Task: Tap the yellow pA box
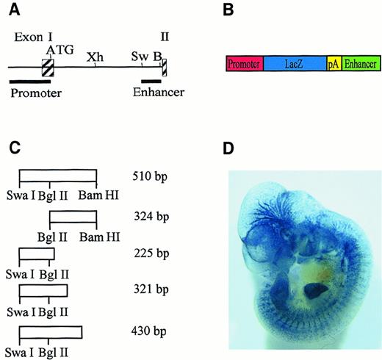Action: [x=334, y=64]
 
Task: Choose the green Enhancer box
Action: [x=360, y=64]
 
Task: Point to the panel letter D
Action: [x=229, y=149]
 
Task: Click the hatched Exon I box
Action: [x=48, y=68]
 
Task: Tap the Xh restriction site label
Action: [x=94, y=57]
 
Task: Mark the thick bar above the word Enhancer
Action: [x=151, y=81]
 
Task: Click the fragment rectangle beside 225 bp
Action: [x=36, y=254]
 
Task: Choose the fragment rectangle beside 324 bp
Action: [x=73, y=217]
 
